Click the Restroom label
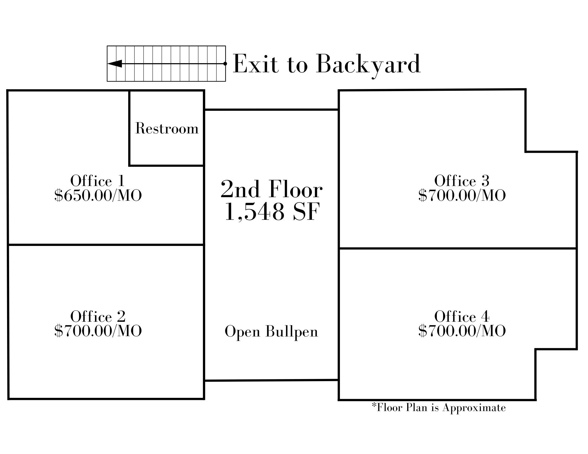click(x=167, y=129)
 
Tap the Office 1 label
click(x=98, y=181)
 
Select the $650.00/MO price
click(x=98, y=195)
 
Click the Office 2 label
click(x=98, y=316)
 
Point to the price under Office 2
click(x=98, y=331)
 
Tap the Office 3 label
click(x=462, y=181)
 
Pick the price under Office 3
click(x=462, y=195)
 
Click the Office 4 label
click(x=462, y=316)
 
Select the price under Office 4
click(x=462, y=331)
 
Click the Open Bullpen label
click(x=271, y=332)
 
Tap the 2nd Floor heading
click(x=271, y=190)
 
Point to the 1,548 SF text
click(x=271, y=212)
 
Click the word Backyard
click(x=368, y=64)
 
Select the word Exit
click(x=255, y=64)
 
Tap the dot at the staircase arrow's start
click(x=225, y=63)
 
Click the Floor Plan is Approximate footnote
click(x=439, y=408)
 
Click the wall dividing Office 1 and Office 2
click(x=106, y=244)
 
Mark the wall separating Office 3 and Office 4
click(x=457, y=248)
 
